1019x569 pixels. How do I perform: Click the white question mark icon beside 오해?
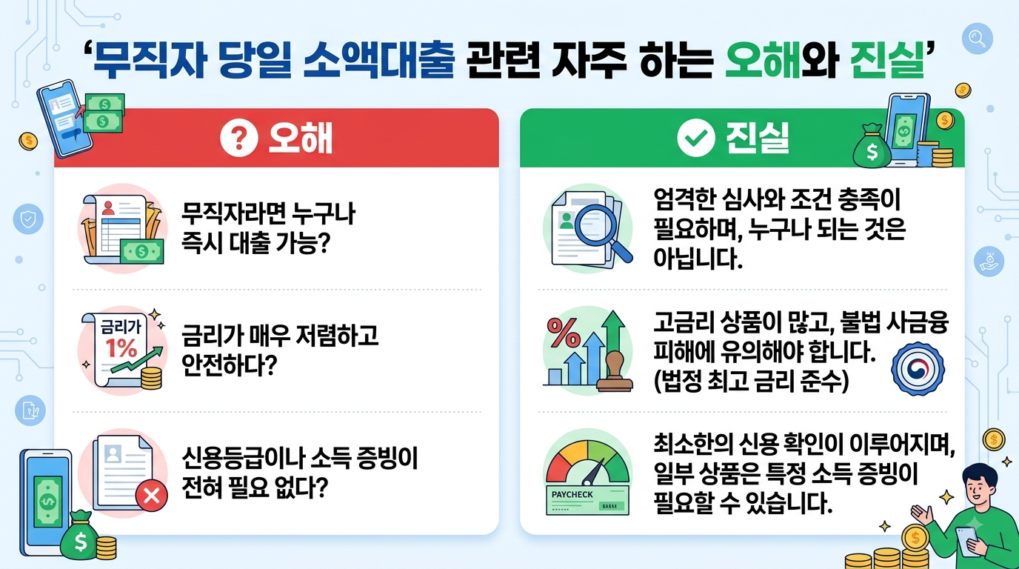pyautogui.click(x=238, y=138)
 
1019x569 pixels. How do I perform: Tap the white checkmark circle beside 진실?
pyautogui.click(x=695, y=138)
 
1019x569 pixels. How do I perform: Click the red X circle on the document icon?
pyautogui.click(x=152, y=496)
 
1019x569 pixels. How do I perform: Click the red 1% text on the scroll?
pyautogui.click(x=121, y=348)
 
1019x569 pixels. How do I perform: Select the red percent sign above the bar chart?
pyautogui.click(x=564, y=332)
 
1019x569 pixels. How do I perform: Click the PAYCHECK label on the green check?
pyautogui.click(x=572, y=494)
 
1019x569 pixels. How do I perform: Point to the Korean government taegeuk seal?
pyautogui.click(x=918, y=369)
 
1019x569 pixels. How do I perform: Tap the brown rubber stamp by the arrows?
pyautogui.click(x=615, y=371)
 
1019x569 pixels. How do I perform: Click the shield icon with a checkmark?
pyautogui.click(x=28, y=219)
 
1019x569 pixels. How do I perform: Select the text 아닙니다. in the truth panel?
pyautogui.click(x=698, y=259)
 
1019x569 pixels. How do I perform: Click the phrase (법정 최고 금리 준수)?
pyautogui.click(x=751, y=381)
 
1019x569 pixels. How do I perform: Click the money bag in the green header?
pyautogui.click(x=872, y=146)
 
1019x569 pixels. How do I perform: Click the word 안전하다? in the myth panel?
pyautogui.click(x=229, y=365)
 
